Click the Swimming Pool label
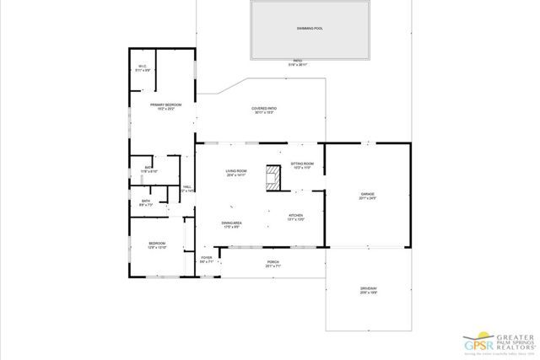point(310,29)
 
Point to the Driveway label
point(368,289)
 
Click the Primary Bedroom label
point(166,105)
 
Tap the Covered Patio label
point(264,109)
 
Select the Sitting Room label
point(303,164)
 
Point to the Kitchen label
point(296,215)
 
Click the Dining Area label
point(232,223)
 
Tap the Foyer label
point(206,257)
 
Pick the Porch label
point(273,261)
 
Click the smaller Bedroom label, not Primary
point(145,243)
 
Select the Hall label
point(187,187)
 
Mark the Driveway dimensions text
point(368,294)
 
